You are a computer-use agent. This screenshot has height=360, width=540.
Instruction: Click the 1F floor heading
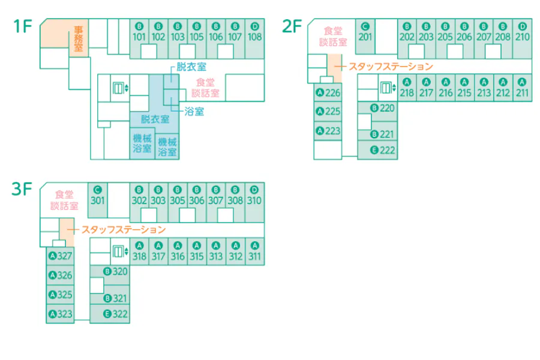tap(23, 26)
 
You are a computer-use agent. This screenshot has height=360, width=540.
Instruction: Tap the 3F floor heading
tap(22, 189)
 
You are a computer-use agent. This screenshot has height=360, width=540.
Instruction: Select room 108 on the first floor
tap(255, 38)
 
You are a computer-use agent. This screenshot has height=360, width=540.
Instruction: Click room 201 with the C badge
tap(365, 37)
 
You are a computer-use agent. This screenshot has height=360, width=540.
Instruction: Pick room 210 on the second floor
tap(523, 38)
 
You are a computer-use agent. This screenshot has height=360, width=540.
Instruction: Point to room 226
tap(328, 92)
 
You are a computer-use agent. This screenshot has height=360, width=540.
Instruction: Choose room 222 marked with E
tap(378, 150)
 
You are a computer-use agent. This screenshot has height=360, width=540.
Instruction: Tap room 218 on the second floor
tap(407, 88)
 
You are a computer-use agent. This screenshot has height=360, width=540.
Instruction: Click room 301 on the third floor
tap(97, 200)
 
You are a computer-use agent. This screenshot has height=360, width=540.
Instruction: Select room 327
tap(60, 256)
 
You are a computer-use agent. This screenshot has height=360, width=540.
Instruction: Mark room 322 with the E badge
tap(110, 314)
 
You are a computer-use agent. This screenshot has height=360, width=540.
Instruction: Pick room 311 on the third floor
tap(255, 251)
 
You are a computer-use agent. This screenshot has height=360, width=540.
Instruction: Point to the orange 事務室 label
tap(79, 38)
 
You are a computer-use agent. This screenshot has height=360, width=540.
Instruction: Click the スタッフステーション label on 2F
tap(391, 67)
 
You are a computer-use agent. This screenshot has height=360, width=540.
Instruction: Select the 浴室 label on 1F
tap(194, 111)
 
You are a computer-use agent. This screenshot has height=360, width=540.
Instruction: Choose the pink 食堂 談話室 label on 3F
tap(64, 200)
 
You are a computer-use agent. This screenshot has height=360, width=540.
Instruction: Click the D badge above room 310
tap(254, 190)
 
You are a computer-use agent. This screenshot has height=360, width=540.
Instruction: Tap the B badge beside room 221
tap(374, 134)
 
